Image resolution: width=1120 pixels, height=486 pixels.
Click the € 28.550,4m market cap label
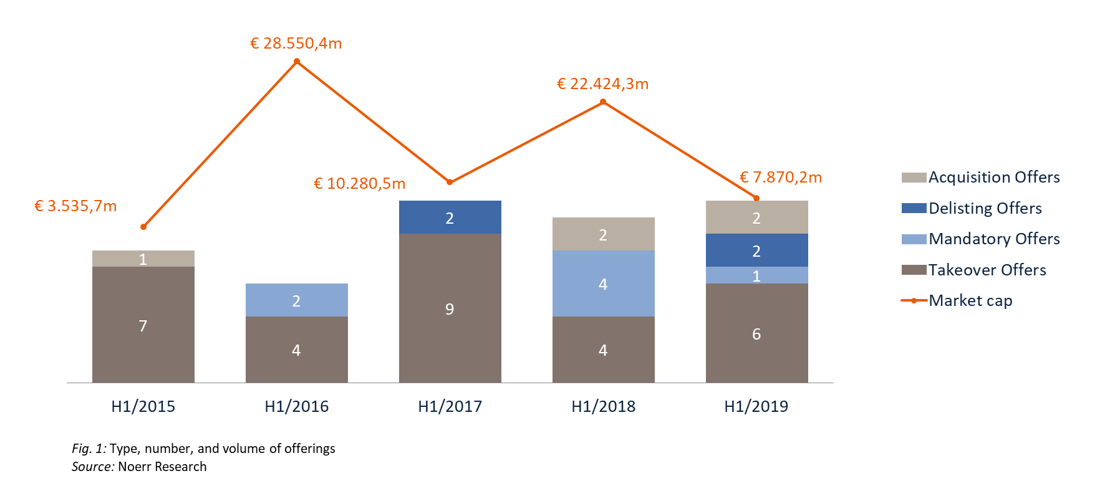296,44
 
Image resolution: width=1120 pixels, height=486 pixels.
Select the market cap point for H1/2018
603,102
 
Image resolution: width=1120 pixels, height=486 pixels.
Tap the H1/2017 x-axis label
450,407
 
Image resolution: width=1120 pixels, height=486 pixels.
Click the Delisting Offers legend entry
985,208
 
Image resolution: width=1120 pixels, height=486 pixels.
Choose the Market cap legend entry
970,301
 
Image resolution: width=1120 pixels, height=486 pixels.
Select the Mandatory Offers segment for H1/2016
296,300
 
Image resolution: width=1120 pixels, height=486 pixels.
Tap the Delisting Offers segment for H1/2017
450,217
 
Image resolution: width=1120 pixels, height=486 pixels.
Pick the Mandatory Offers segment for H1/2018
603,283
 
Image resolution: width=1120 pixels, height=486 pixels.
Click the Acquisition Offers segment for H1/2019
756,217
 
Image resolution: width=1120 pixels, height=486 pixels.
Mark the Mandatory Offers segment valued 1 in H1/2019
756,275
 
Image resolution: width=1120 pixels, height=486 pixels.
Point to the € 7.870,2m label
781,178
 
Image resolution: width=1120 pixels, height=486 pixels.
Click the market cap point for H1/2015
143,227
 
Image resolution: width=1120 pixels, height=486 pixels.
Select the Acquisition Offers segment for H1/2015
143,259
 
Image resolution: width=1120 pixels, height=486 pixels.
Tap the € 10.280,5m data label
359,184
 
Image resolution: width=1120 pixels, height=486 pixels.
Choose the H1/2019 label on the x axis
756,407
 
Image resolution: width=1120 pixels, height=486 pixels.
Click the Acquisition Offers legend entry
994,178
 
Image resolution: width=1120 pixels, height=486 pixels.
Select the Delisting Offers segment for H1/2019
756,250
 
